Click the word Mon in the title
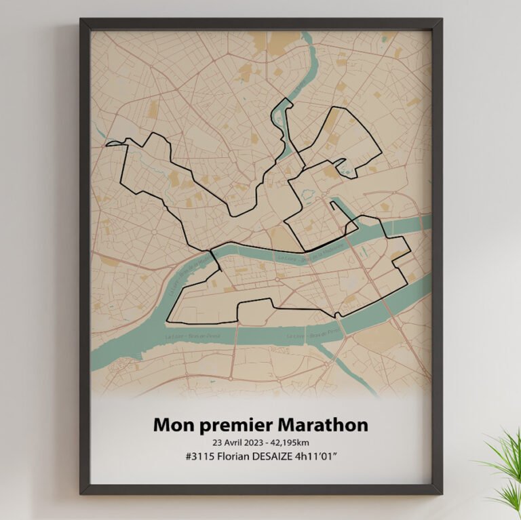pos(170,425)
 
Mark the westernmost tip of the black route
pos(107,142)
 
